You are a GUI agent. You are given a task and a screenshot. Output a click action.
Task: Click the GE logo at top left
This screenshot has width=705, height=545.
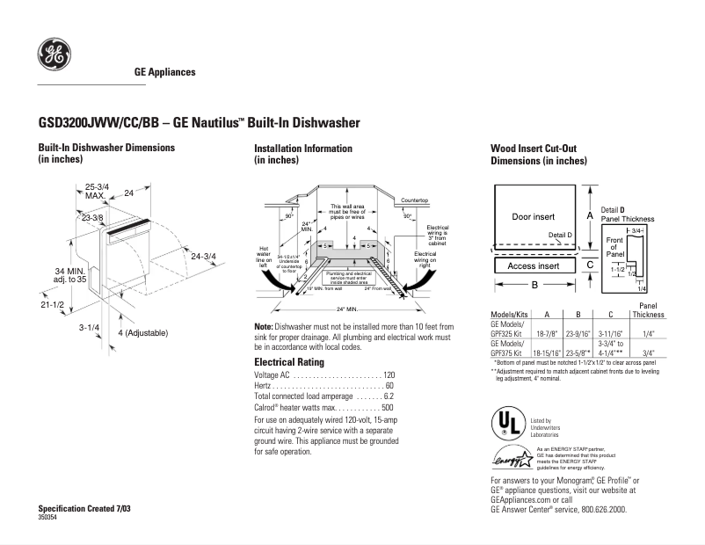pyautogui.click(x=54, y=55)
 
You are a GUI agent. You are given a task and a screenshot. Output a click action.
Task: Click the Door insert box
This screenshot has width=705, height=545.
pyautogui.click(x=533, y=216)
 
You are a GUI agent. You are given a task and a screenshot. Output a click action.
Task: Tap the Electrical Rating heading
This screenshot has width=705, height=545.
pyautogui.click(x=288, y=362)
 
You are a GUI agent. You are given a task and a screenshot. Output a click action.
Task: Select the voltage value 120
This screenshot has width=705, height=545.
pyautogui.click(x=389, y=375)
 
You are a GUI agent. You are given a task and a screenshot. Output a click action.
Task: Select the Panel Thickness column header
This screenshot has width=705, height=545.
pyautogui.click(x=649, y=309)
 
